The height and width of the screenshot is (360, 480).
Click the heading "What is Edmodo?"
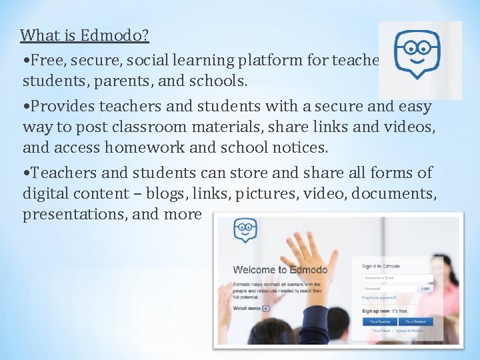tap(84, 35)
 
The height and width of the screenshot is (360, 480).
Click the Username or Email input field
tap(397, 277)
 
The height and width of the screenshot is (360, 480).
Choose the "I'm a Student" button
tap(415, 321)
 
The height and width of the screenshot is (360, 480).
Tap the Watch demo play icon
tap(265, 309)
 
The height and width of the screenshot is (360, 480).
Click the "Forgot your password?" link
tap(379, 297)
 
